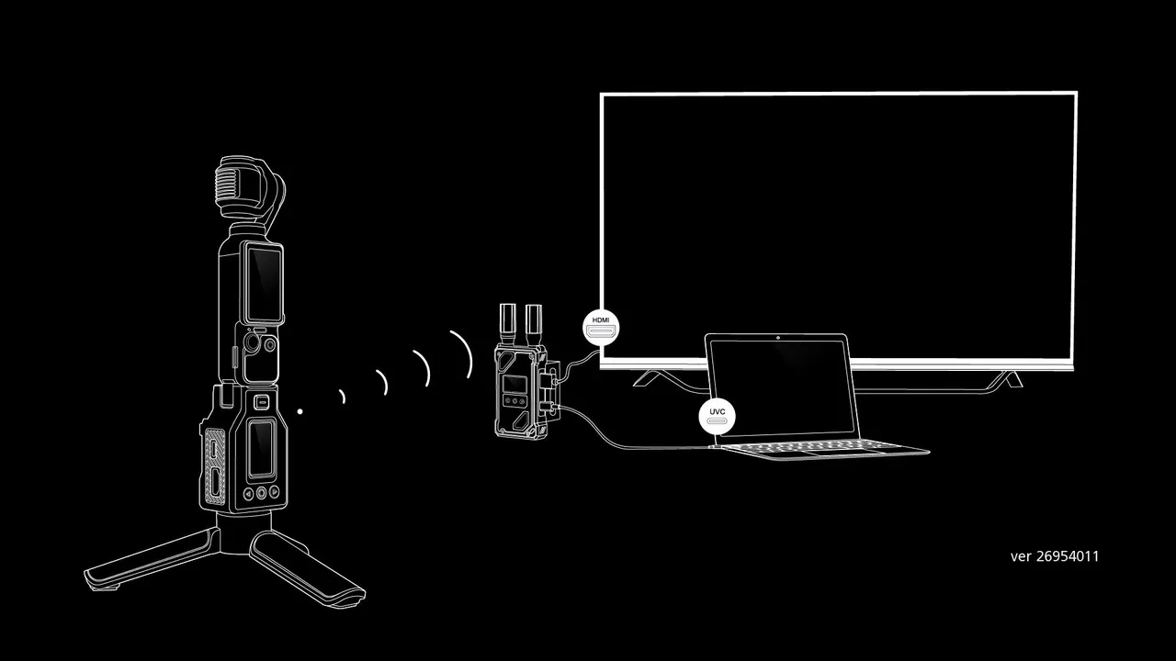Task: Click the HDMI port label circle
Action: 601,328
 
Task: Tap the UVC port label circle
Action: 718,417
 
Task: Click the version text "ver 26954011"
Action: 1054,556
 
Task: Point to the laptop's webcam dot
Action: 777,337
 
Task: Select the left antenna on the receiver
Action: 508,324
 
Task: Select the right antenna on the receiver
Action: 533,324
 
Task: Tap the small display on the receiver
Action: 513,384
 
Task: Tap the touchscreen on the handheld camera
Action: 264,284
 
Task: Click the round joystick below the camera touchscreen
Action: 252,344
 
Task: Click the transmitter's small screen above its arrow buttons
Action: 261,449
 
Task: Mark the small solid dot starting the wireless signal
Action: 300,411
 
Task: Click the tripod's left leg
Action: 153,559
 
